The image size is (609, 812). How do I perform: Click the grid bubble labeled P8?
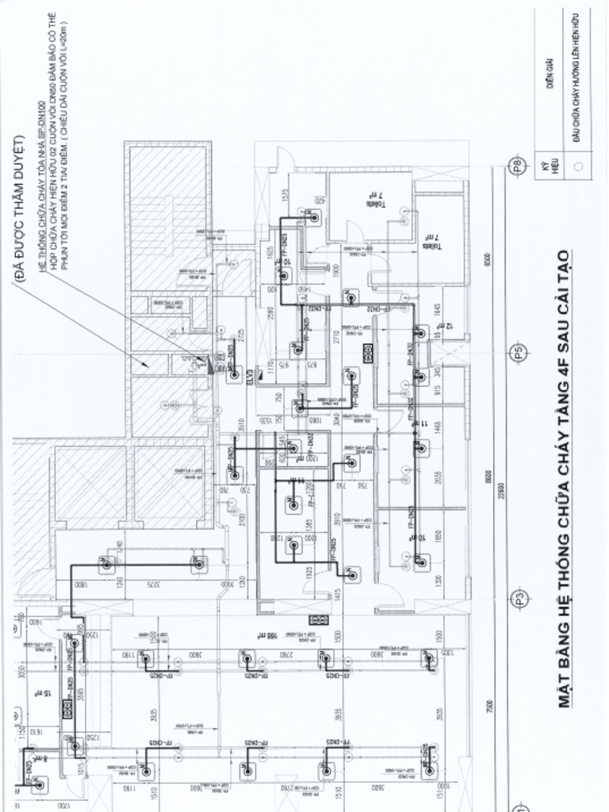pyautogui.click(x=517, y=167)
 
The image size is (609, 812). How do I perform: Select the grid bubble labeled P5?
pyautogui.click(x=517, y=352)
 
